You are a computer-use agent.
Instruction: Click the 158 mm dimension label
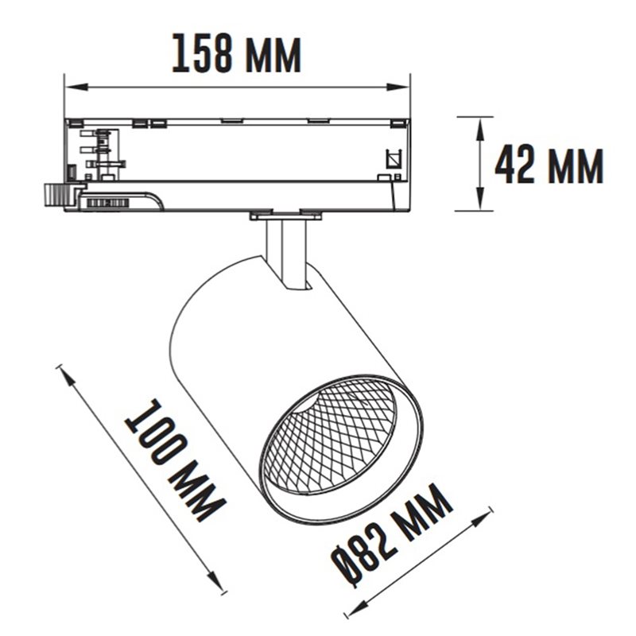click(237, 53)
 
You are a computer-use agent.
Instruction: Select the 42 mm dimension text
click(549, 165)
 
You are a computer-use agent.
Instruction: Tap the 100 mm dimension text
click(173, 460)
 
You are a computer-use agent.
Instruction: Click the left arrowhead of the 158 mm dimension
click(76, 87)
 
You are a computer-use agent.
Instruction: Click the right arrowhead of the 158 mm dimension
click(397, 87)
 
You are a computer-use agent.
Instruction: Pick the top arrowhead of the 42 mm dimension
click(480, 129)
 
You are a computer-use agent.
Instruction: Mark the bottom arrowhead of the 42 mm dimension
click(480, 199)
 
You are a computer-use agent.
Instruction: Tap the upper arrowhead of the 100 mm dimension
click(68, 378)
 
